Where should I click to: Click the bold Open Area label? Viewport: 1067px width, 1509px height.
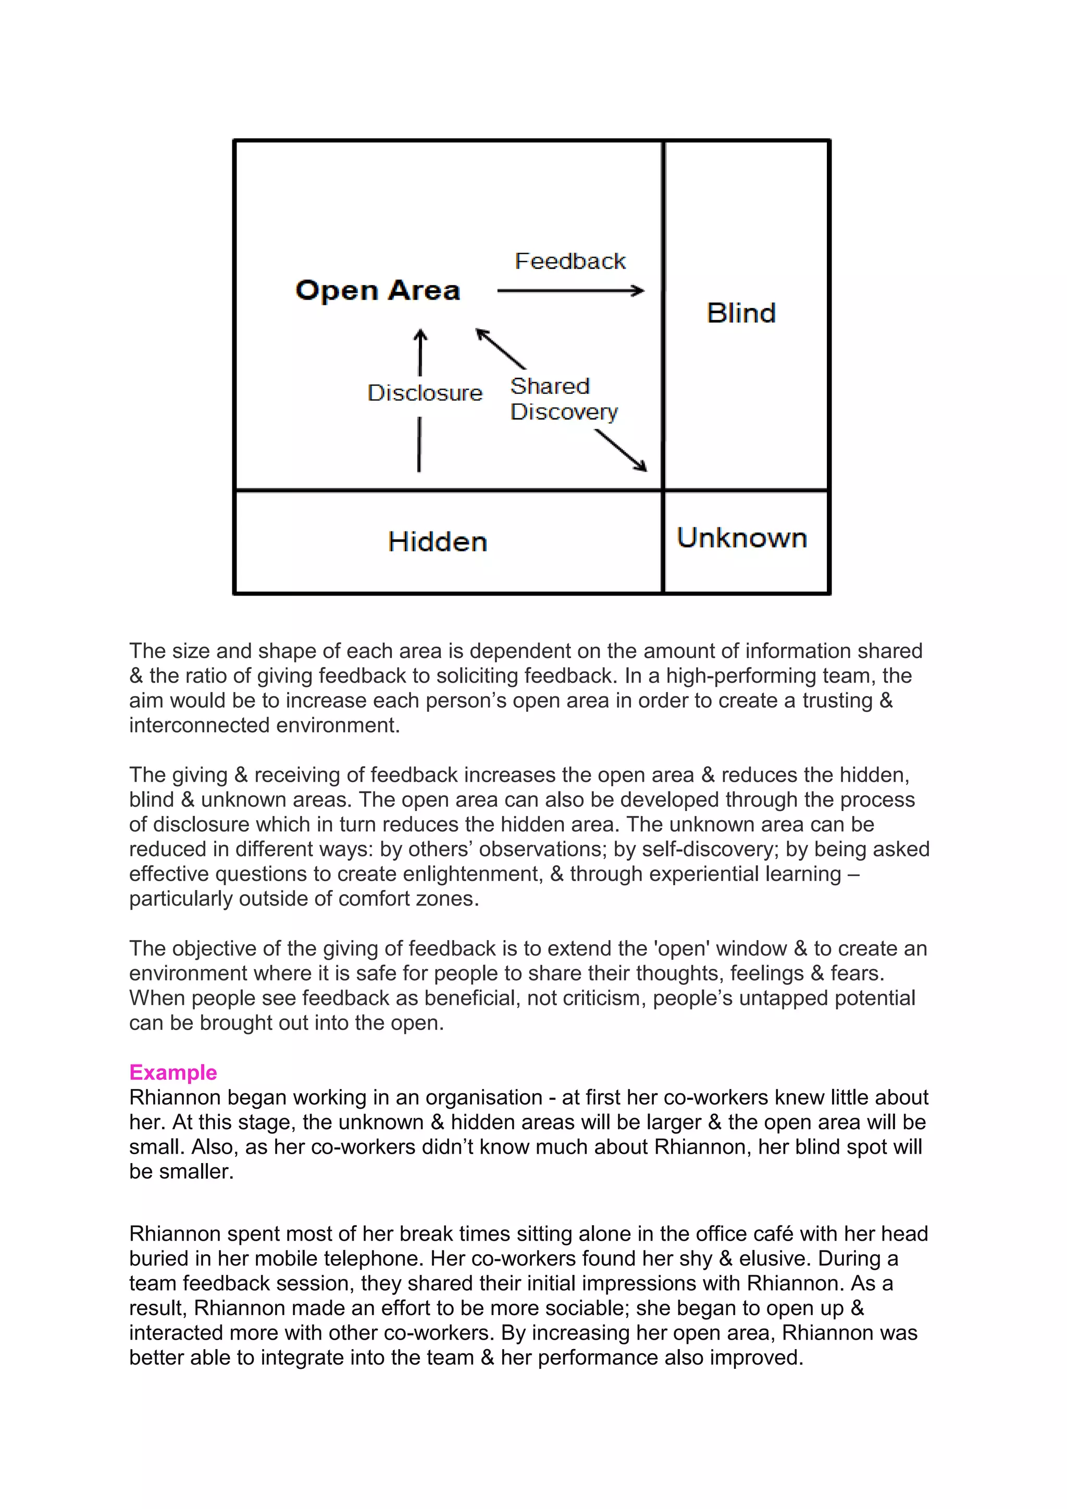378,291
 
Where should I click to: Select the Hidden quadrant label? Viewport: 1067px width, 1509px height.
438,542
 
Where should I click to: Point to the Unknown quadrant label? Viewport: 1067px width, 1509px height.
742,538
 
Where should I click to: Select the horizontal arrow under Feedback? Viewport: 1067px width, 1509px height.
570,291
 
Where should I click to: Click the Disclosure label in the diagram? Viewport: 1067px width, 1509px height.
425,392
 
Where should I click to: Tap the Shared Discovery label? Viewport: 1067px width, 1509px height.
564,399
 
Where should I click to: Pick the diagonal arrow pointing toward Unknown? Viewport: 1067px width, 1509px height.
622,450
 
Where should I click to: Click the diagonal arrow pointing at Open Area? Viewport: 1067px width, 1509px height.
501,349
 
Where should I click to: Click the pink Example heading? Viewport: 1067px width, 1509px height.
173,1072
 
